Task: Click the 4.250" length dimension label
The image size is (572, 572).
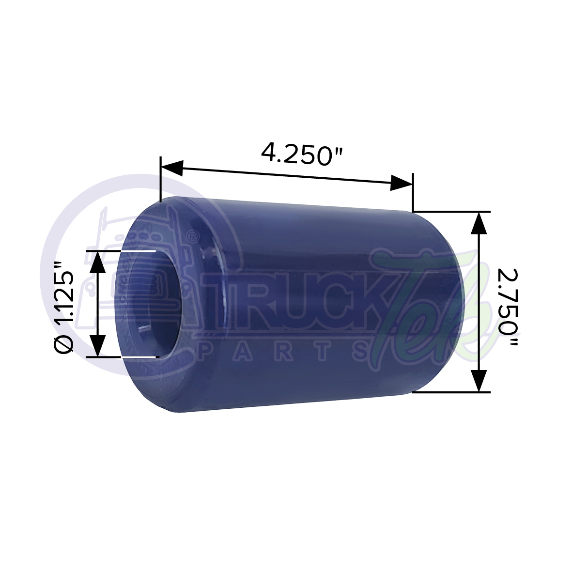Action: pos(302,154)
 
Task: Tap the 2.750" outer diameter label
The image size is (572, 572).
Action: pos(507,301)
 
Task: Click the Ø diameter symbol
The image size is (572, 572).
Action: pos(64,345)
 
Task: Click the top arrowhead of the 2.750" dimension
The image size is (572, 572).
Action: pos(479,222)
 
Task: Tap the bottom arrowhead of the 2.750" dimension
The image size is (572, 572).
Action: pos(479,380)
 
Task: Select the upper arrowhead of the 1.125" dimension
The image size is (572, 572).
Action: pos(98,262)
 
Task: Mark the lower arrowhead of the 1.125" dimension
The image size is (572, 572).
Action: pos(98,346)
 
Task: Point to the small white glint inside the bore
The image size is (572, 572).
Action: pos(143,329)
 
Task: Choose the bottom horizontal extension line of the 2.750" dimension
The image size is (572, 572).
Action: pos(450,392)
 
